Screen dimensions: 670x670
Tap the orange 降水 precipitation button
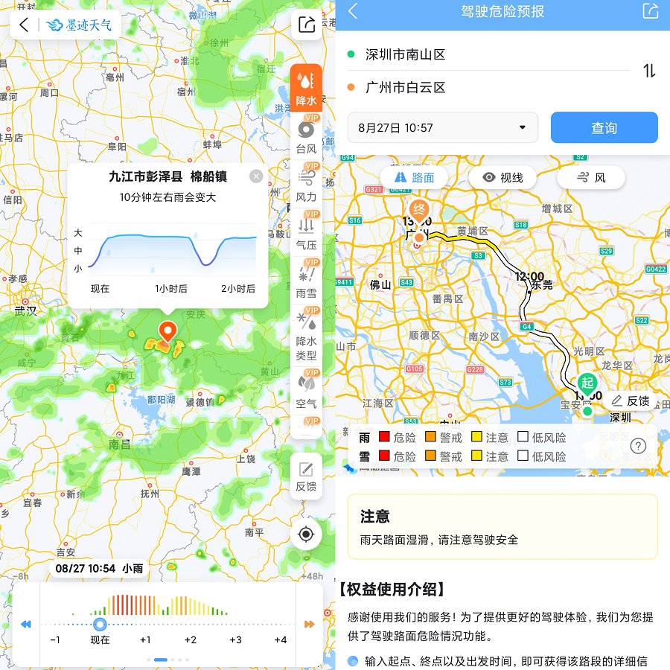306,88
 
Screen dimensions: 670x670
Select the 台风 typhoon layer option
306,137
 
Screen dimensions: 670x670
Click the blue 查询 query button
604,128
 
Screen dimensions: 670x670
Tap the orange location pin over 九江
168,332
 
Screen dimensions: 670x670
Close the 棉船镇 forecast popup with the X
256,176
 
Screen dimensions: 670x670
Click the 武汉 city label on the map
25,310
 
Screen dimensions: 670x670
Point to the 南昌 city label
119,444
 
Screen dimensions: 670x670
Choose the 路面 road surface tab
415,178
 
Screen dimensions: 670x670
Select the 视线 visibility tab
502,178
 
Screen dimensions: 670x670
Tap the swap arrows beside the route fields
649,71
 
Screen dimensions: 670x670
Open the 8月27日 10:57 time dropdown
442,128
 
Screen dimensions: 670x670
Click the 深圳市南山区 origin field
406,54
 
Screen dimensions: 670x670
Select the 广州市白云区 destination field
406,88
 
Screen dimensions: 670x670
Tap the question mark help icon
638,446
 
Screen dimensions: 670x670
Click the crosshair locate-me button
306,533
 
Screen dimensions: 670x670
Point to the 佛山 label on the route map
380,284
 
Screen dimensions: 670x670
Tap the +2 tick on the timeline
191,639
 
